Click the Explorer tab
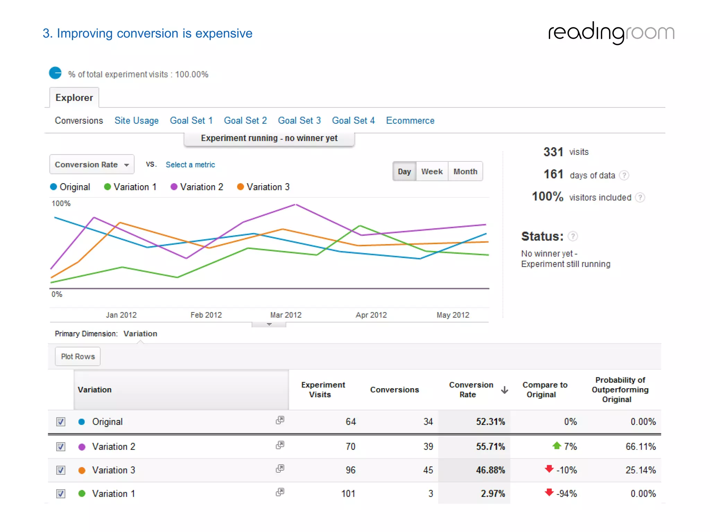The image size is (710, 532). [74, 98]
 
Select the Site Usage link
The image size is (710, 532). [136, 121]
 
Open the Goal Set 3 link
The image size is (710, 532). [299, 121]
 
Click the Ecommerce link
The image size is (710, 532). [410, 121]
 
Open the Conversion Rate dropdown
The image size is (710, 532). [92, 165]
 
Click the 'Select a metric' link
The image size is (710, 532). [190, 165]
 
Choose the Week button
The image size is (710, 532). [432, 171]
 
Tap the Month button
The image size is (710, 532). [465, 171]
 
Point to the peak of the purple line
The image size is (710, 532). [296, 205]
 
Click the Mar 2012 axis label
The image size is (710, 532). [286, 315]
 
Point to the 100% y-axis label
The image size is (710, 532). [61, 203]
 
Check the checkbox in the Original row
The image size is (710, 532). [61, 422]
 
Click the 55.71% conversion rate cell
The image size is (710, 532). [490, 446]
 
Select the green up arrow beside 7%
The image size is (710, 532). [556, 445]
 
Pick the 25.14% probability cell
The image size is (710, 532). [640, 470]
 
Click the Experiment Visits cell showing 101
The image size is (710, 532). [348, 494]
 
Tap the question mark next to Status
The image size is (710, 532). [573, 236]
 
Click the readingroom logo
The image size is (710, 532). [611, 33]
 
